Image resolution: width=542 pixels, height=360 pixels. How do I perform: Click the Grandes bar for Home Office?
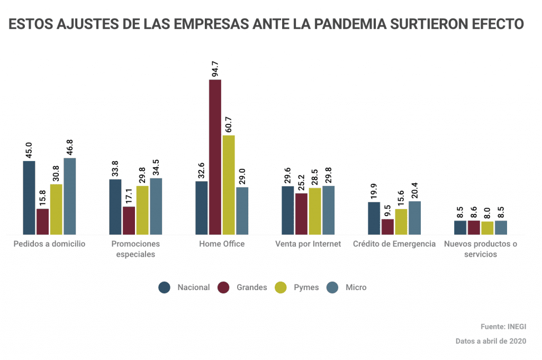(x=215, y=157)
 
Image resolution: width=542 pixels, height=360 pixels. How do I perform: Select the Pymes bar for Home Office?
(x=229, y=185)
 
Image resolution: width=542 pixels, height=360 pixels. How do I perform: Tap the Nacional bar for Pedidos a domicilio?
(x=29, y=197)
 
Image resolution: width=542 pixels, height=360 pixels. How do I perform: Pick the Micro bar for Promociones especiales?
(x=156, y=206)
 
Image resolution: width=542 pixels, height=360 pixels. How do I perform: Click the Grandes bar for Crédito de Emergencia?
(x=387, y=227)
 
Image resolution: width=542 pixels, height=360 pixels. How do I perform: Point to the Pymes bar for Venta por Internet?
(x=315, y=211)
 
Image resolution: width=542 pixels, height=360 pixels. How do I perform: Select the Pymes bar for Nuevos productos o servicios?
(x=487, y=228)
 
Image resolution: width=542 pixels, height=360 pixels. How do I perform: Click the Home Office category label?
(x=222, y=244)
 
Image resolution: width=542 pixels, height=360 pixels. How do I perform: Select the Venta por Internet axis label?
(x=308, y=244)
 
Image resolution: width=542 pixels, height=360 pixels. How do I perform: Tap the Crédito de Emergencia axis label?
(x=394, y=244)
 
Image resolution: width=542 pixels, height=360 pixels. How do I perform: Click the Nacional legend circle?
(x=165, y=287)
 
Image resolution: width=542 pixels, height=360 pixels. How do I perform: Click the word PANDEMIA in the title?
(x=350, y=24)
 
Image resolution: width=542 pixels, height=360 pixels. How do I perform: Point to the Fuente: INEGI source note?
(x=503, y=327)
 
